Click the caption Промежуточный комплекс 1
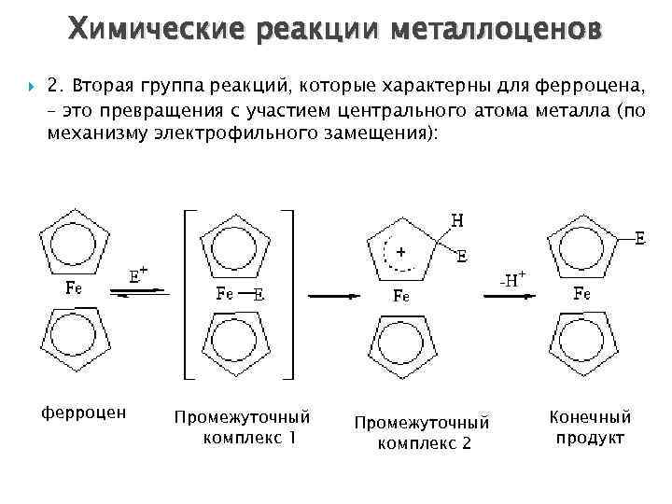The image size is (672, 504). [242, 426]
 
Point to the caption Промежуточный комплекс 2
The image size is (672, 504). [422, 432]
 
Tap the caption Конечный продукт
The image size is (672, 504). [591, 427]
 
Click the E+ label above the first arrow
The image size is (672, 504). [138, 273]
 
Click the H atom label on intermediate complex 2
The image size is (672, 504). [456, 221]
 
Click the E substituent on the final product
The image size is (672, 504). [639, 239]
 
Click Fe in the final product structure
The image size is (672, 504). [581, 294]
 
